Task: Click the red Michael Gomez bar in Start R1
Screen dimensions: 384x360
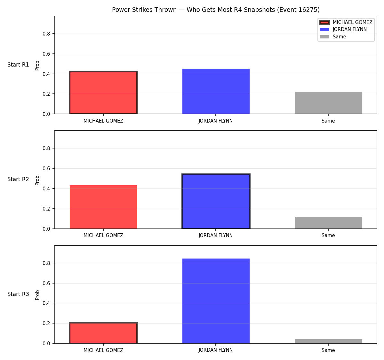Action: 103,92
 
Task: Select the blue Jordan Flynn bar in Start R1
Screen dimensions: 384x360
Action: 216,91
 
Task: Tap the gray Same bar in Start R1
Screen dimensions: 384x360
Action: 328,103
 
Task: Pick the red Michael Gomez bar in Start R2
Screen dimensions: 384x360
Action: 103,207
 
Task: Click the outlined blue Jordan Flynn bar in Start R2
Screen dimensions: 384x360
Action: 216,201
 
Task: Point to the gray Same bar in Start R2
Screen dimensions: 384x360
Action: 328,223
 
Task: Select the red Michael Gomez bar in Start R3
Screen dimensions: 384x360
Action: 103,333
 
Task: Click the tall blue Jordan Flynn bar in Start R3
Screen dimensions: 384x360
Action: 216,301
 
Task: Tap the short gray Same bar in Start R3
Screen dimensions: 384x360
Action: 328,341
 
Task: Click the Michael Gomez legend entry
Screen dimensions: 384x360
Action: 346,22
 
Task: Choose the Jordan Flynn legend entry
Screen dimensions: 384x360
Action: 343,29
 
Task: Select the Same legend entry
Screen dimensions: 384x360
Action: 333,37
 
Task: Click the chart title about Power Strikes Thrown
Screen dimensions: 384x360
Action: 216,10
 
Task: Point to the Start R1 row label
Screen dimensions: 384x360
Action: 18,65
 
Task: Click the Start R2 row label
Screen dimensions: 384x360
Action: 18,179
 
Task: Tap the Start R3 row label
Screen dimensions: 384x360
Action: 18,294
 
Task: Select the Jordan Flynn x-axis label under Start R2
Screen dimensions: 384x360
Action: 216,236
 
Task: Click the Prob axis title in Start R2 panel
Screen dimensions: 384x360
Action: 37,180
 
